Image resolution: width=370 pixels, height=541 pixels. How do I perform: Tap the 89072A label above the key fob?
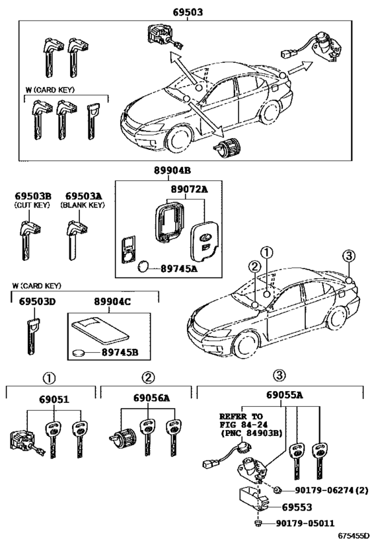(x=190, y=190)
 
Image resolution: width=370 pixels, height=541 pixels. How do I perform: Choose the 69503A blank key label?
(x=83, y=196)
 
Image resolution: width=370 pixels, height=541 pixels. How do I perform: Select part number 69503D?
(x=37, y=302)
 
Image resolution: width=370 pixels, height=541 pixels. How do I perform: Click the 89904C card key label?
(x=113, y=302)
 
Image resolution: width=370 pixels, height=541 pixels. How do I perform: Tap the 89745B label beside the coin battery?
(x=120, y=352)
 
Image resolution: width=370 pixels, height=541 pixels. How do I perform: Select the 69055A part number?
(x=285, y=395)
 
